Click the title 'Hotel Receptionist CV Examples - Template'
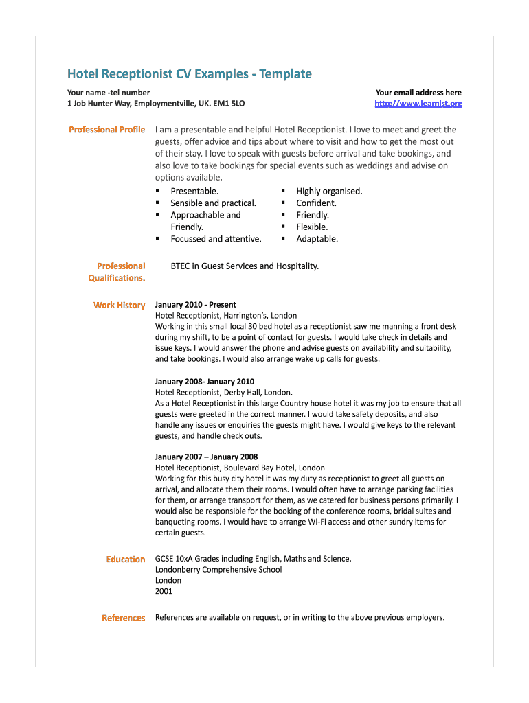coord(189,74)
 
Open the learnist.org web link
coord(418,104)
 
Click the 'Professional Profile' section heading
coord(106,130)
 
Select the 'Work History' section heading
coord(120,306)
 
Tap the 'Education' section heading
coord(126,560)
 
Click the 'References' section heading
coord(124,619)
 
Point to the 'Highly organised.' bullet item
coord(329,192)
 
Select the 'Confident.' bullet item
coord(316,203)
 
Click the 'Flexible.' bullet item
coord(312,227)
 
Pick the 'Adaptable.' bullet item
coord(317,240)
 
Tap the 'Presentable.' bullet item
coord(194,192)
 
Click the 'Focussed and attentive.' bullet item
coord(216,240)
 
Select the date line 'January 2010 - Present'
coord(196,305)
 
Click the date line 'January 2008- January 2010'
coord(205,382)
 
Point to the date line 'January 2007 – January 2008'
coord(206,457)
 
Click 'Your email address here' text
coord(418,93)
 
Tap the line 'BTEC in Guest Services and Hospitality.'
coord(245,266)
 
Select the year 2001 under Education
coord(164,592)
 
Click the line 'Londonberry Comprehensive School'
coord(218,570)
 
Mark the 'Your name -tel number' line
coord(109,93)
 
